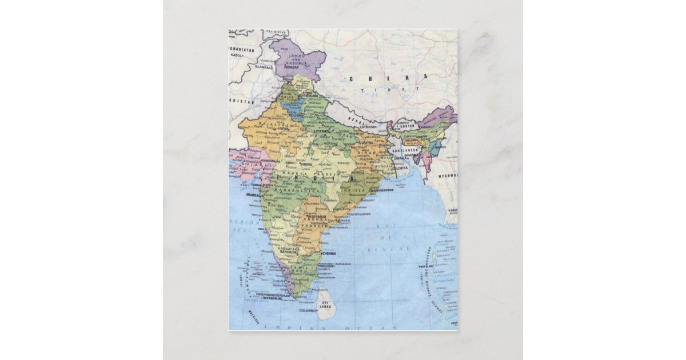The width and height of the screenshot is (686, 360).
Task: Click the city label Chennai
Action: click(x=329, y=253)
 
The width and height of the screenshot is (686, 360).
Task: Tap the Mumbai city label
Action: click(x=253, y=195)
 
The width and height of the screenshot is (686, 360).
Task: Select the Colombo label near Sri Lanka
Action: click(x=308, y=310)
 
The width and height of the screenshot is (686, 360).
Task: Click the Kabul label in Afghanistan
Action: click(x=236, y=55)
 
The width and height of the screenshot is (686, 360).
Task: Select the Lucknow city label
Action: click(x=322, y=131)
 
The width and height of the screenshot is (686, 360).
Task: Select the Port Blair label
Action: click(x=426, y=266)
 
